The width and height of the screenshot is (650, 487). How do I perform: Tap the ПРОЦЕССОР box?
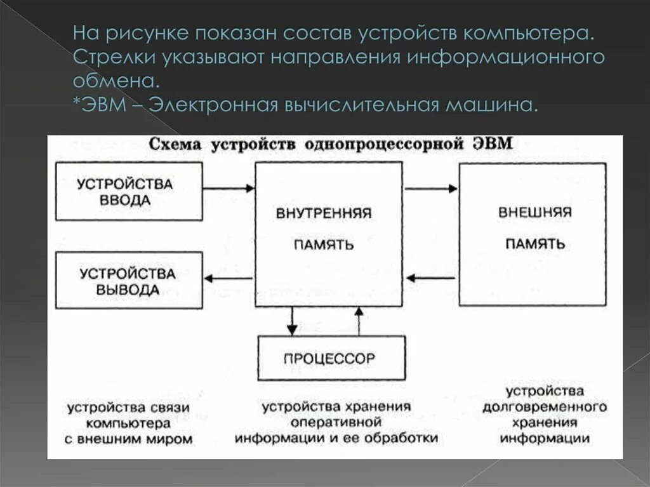(x=331, y=359)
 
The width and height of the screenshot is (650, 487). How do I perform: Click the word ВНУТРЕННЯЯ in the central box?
(x=323, y=213)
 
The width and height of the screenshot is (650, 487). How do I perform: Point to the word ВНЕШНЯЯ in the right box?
(x=534, y=212)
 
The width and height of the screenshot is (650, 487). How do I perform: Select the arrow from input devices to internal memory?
(x=229, y=188)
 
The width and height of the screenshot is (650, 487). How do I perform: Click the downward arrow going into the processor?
(x=291, y=321)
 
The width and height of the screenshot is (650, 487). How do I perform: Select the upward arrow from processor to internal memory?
(x=359, y=321)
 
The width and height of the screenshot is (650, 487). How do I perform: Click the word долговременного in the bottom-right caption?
(x=544, y=406)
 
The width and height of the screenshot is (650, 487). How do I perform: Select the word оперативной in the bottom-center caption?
(x=336, y=422)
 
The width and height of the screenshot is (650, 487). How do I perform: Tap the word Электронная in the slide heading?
(x=213, y=103)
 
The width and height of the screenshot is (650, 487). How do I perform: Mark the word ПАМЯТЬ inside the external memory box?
(x=534, y=244)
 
